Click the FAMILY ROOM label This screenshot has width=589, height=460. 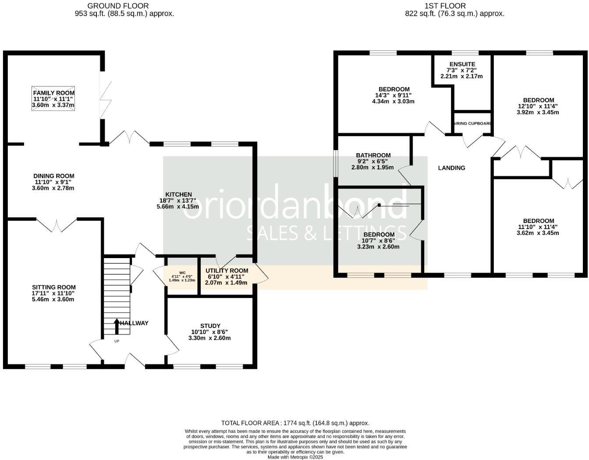53,93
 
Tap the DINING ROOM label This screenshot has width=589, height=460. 54,176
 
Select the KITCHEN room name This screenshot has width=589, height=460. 178,194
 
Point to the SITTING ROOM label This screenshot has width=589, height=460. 54,287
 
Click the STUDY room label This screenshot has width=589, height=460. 210,326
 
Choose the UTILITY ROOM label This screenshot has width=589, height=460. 227,271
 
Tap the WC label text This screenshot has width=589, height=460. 183,273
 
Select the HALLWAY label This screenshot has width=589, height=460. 135,323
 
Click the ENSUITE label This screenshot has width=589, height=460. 462,64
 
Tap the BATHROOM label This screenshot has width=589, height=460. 373,155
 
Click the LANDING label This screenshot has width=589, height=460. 451,168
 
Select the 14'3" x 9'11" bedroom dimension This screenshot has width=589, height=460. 393,95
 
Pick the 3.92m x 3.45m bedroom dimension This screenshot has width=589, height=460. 538,112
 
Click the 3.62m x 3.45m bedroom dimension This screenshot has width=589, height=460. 538,233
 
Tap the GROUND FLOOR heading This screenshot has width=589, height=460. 118,6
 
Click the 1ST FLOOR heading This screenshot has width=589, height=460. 445,6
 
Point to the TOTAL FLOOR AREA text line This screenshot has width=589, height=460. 295,423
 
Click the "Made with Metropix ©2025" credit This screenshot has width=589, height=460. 295,457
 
